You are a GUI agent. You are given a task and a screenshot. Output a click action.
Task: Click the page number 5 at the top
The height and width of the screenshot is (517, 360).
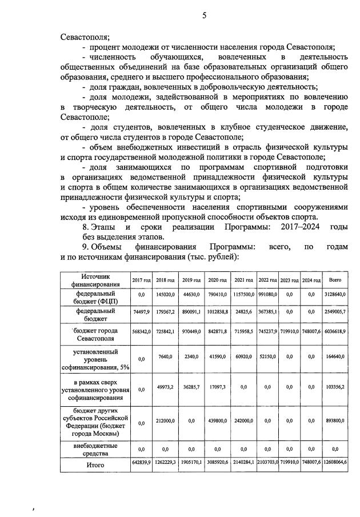204,15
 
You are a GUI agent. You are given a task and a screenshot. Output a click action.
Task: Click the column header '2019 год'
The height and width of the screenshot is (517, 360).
191,280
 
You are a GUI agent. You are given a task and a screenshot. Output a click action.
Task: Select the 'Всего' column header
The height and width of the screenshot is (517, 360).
335,280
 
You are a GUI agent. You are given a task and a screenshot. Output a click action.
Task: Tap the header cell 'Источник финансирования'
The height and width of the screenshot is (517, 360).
95,279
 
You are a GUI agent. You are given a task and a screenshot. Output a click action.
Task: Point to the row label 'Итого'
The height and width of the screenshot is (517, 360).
95,465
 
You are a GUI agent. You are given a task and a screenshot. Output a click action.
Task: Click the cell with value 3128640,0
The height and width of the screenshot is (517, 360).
335,294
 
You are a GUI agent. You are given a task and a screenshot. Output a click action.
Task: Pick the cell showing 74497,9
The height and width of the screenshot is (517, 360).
141,313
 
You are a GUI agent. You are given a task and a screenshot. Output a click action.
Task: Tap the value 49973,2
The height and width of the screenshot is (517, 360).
165,389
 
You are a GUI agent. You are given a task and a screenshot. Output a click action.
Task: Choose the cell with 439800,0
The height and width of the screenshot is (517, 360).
218,423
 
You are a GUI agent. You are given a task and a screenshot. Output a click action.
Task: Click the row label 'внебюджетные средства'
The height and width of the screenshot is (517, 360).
95,449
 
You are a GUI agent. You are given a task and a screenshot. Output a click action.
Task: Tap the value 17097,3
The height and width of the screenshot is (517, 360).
218,389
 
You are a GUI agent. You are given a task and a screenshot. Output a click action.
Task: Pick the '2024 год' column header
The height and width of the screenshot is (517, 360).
311,280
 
